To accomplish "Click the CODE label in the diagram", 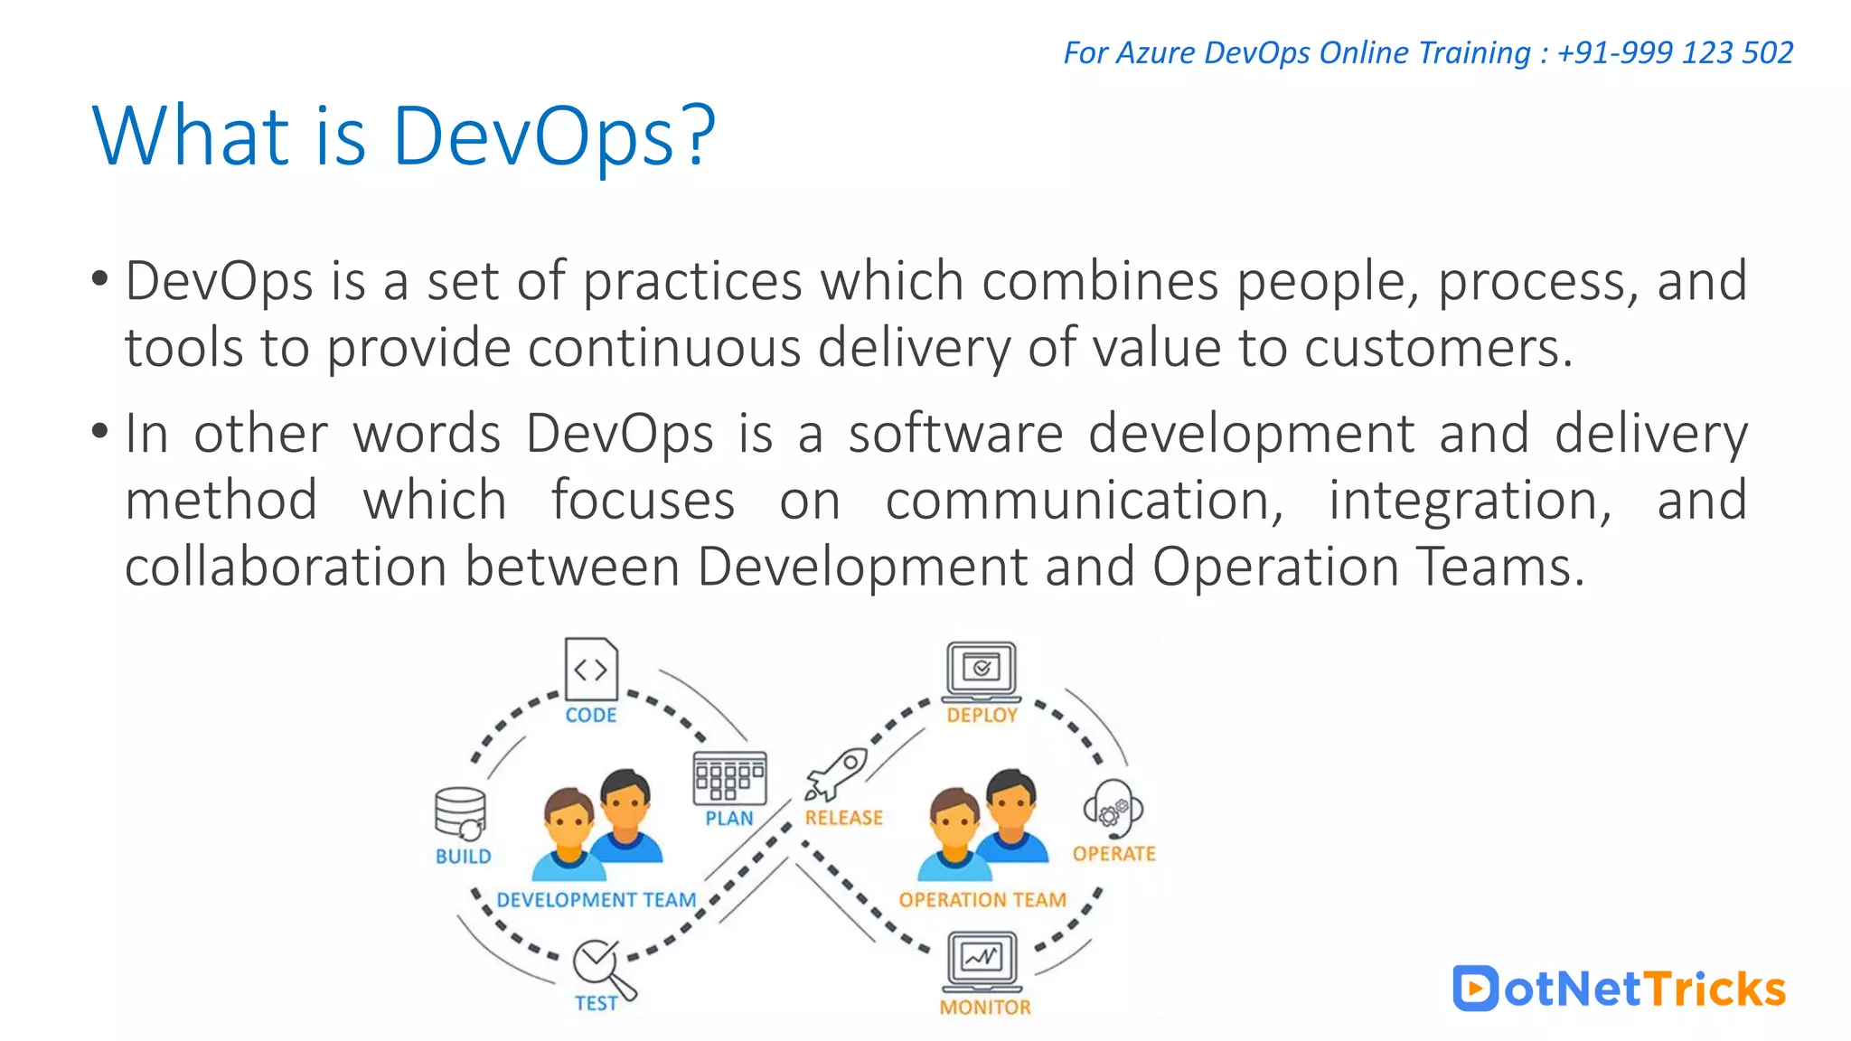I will (591, 715).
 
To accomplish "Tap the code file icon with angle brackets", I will (591, 670).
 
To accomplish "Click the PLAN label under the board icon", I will (729, 819).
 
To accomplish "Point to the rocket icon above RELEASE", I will (836, 774).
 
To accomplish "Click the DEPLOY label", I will (982, 715).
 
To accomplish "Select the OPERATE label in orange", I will (1114, 854).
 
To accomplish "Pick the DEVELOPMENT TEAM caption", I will (597, 900).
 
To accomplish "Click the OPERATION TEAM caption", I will (982, 900).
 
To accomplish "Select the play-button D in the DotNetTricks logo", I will (1475, 989).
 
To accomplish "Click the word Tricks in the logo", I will (1715, 989).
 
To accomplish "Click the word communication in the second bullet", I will (1083, 501).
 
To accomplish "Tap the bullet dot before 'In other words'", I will (99, 431).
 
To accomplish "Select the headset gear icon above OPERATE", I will (1113, 809).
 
